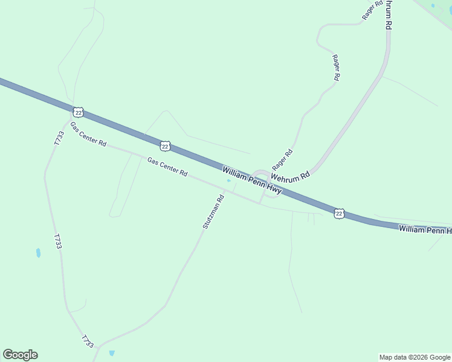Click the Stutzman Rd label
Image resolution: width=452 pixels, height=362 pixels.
[213, 211]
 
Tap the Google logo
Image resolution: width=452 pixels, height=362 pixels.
[20, 355]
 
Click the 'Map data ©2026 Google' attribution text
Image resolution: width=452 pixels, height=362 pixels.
[415, 357]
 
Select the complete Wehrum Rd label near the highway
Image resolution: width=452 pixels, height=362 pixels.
[290, 176]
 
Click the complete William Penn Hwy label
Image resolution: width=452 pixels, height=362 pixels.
[251, 180]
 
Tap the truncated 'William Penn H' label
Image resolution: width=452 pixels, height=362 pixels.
[424, 229]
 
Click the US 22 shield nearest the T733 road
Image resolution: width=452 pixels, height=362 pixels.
[78, 112]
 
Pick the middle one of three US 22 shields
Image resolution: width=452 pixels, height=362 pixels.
[165, 146]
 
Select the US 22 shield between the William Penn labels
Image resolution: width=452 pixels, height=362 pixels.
[339, 214]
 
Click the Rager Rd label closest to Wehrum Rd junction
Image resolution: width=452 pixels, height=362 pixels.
[282, 159]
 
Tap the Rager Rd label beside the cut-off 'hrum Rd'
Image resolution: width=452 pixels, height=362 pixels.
[372, 10]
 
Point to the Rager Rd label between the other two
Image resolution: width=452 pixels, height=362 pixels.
[336, 68]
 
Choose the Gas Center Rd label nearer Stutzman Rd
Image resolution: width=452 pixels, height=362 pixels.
[167, 167]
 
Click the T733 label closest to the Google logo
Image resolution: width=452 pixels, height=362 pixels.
[88, 341]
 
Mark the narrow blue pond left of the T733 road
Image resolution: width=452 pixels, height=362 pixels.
[38, 253]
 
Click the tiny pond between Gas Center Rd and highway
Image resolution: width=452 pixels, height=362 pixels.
[228, 180]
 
